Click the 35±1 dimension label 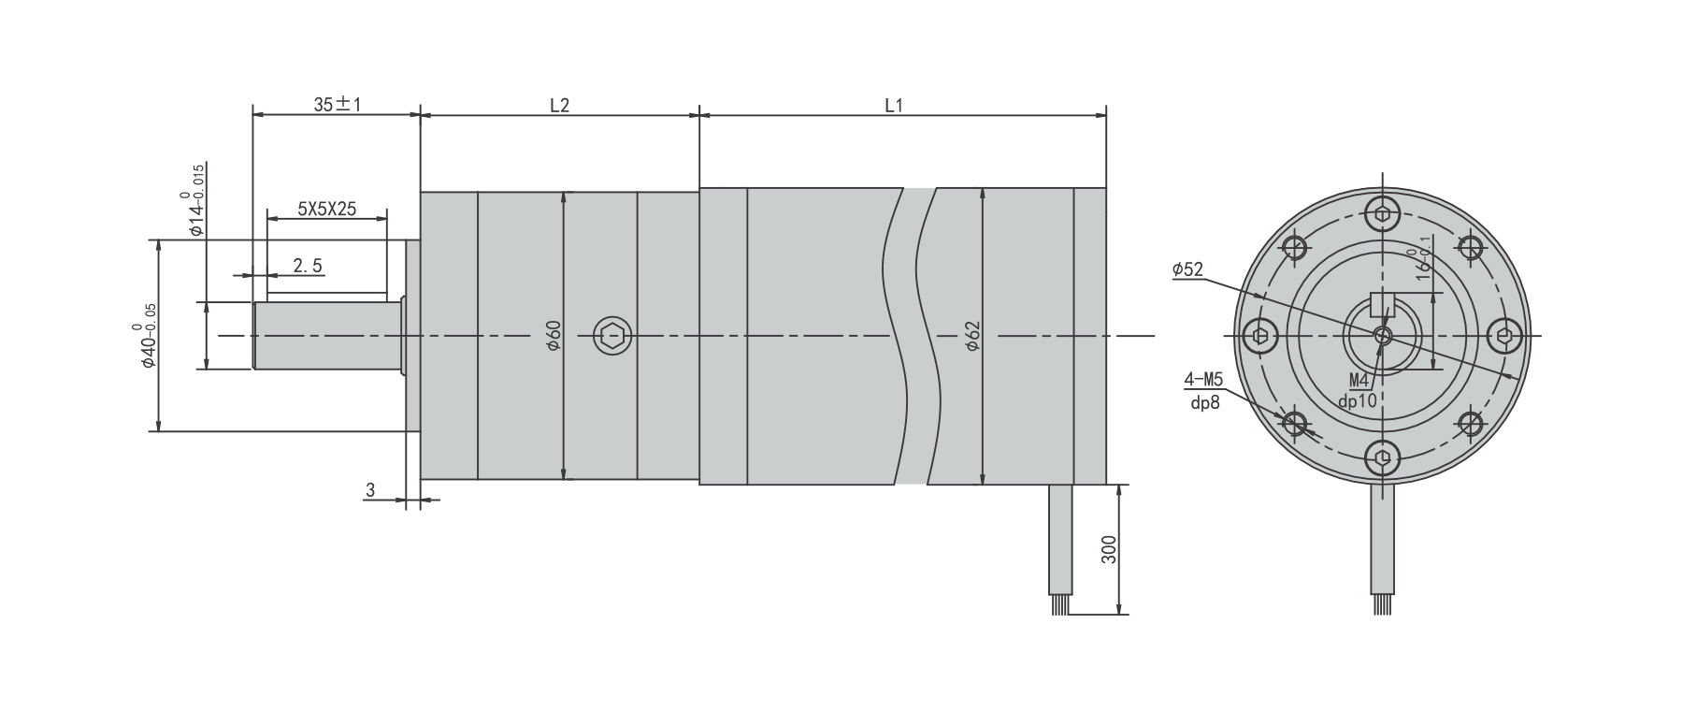click(x=337, y=105)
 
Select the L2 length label click(x=559, y=105)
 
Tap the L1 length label click(x=894, y=105)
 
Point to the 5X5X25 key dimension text click(x=326, y=209)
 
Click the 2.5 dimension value click(x=308, y=266)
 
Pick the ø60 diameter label click(x=553, y=335)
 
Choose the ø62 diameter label click(x=971, y=335)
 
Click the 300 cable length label click(x=1109, y=549)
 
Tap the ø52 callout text click(x=1187, y=270)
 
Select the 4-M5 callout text click(x=1203, y=380)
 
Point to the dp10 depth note click(x=1358, y=401)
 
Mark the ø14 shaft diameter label click(x=195, y=200)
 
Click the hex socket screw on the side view click(x=612, y=336)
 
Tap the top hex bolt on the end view click(x=1383, y=214)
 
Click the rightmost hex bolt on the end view click(x=1503, y=336)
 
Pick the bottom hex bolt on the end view click(x=1383, y=457)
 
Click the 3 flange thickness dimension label click(x=370, y=489)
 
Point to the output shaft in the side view click(x=327, y=335)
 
